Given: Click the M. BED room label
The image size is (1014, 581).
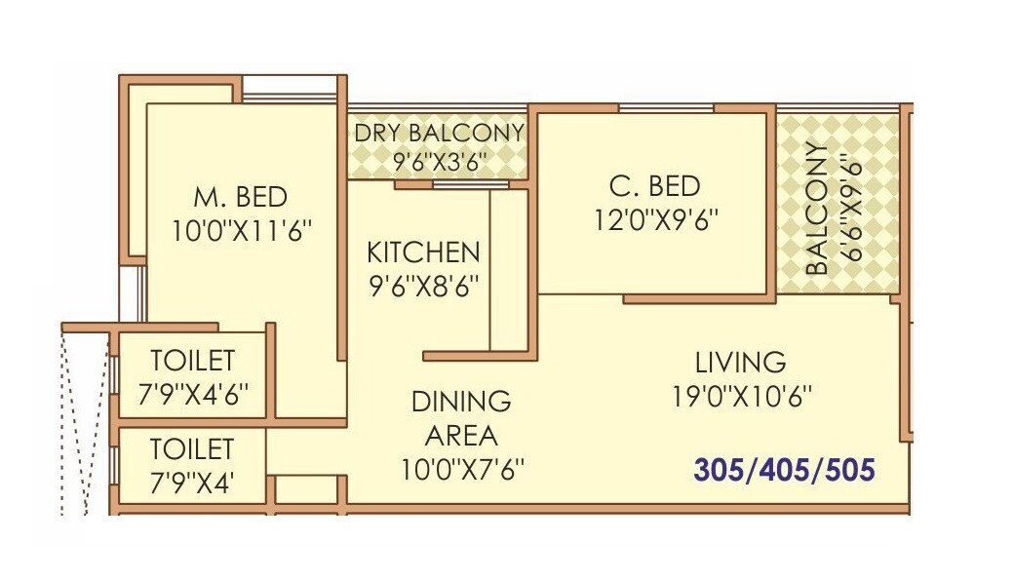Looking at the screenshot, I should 240,197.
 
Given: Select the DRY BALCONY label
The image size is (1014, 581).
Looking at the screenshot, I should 439,133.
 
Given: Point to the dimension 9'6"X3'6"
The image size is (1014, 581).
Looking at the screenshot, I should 439,160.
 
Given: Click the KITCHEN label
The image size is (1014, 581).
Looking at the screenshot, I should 423,253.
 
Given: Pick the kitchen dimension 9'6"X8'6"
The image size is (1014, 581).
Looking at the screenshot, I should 423,286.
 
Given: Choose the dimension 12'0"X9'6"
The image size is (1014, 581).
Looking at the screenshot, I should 655,220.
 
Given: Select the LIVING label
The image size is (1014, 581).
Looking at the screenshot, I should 741,363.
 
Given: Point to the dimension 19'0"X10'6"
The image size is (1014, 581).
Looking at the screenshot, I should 741,396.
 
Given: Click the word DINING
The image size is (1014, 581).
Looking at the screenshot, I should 461,402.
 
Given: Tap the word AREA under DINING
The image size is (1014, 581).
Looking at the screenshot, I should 461,435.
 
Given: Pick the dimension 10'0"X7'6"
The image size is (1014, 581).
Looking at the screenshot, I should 461,469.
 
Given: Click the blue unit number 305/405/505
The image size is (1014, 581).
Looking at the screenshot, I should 784,471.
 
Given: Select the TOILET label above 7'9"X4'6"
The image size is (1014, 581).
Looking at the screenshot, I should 192,361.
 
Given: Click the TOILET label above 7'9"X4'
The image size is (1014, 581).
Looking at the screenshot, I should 192,449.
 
